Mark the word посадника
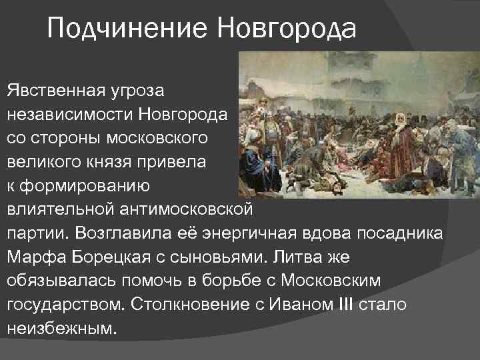[403, 232]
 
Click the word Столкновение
[193, 304]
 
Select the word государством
[65, 304]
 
